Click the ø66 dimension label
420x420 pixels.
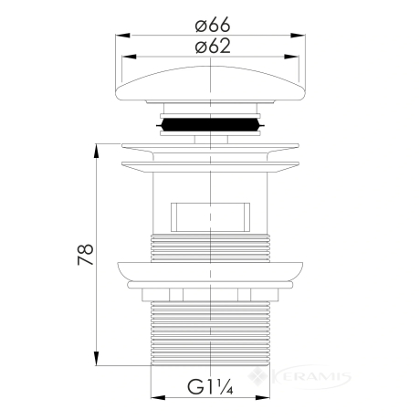213,25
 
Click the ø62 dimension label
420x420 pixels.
213,47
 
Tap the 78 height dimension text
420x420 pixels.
86,254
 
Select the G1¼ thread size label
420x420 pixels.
210,386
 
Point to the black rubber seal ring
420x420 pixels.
210,125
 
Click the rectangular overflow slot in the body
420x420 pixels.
210,217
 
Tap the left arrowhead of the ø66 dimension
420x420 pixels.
122,36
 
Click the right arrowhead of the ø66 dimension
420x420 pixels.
298,36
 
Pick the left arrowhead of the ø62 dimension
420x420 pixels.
129,57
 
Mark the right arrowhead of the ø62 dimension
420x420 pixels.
291,57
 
